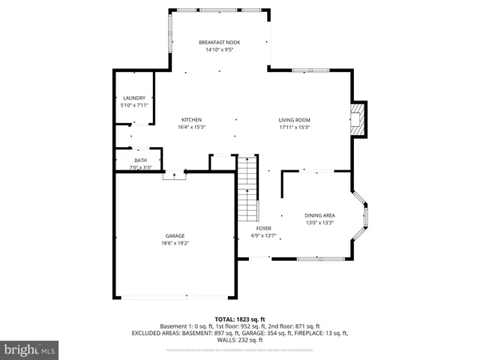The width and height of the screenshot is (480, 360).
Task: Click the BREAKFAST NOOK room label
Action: [x=218, y=42]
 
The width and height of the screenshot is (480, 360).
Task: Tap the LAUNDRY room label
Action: [x=134, y=98]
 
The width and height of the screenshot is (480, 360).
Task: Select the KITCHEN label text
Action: [x=192, y=120]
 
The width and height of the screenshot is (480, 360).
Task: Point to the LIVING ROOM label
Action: [x=295, y=120]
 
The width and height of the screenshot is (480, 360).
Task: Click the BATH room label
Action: [x=141, y=160]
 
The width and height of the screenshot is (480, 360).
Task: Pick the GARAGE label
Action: [x=175, y=236]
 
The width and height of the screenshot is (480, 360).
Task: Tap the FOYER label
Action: [x=263, y=228]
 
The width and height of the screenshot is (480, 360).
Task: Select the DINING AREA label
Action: [x=319, y=215]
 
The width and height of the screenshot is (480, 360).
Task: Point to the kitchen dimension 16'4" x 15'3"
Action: [x=192, y=127]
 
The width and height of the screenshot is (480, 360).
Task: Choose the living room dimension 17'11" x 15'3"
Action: [x=295, y=127]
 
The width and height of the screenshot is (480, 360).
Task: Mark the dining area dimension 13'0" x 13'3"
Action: [x=319, y=223]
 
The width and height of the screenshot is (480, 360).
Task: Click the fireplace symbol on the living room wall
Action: [x=360, y=119]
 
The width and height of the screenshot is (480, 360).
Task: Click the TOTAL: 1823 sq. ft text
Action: [x=240, y=319]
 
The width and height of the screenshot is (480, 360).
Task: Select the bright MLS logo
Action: [x=29, y=349]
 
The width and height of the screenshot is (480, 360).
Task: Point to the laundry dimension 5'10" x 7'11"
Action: [x=134, y=106]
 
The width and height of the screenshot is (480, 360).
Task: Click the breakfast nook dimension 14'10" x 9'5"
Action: [x=218, y=49]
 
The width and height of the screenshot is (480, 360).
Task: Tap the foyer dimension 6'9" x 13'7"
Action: [x=263, y=235]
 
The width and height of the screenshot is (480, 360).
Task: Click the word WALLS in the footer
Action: [x=227, y=340]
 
